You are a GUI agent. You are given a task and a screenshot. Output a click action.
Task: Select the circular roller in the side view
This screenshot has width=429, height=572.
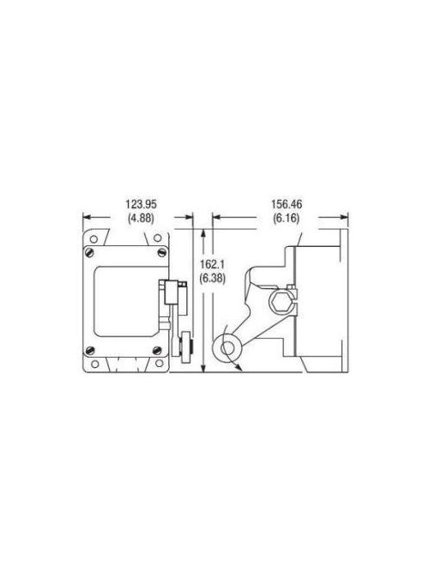[x=228, y=347]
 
